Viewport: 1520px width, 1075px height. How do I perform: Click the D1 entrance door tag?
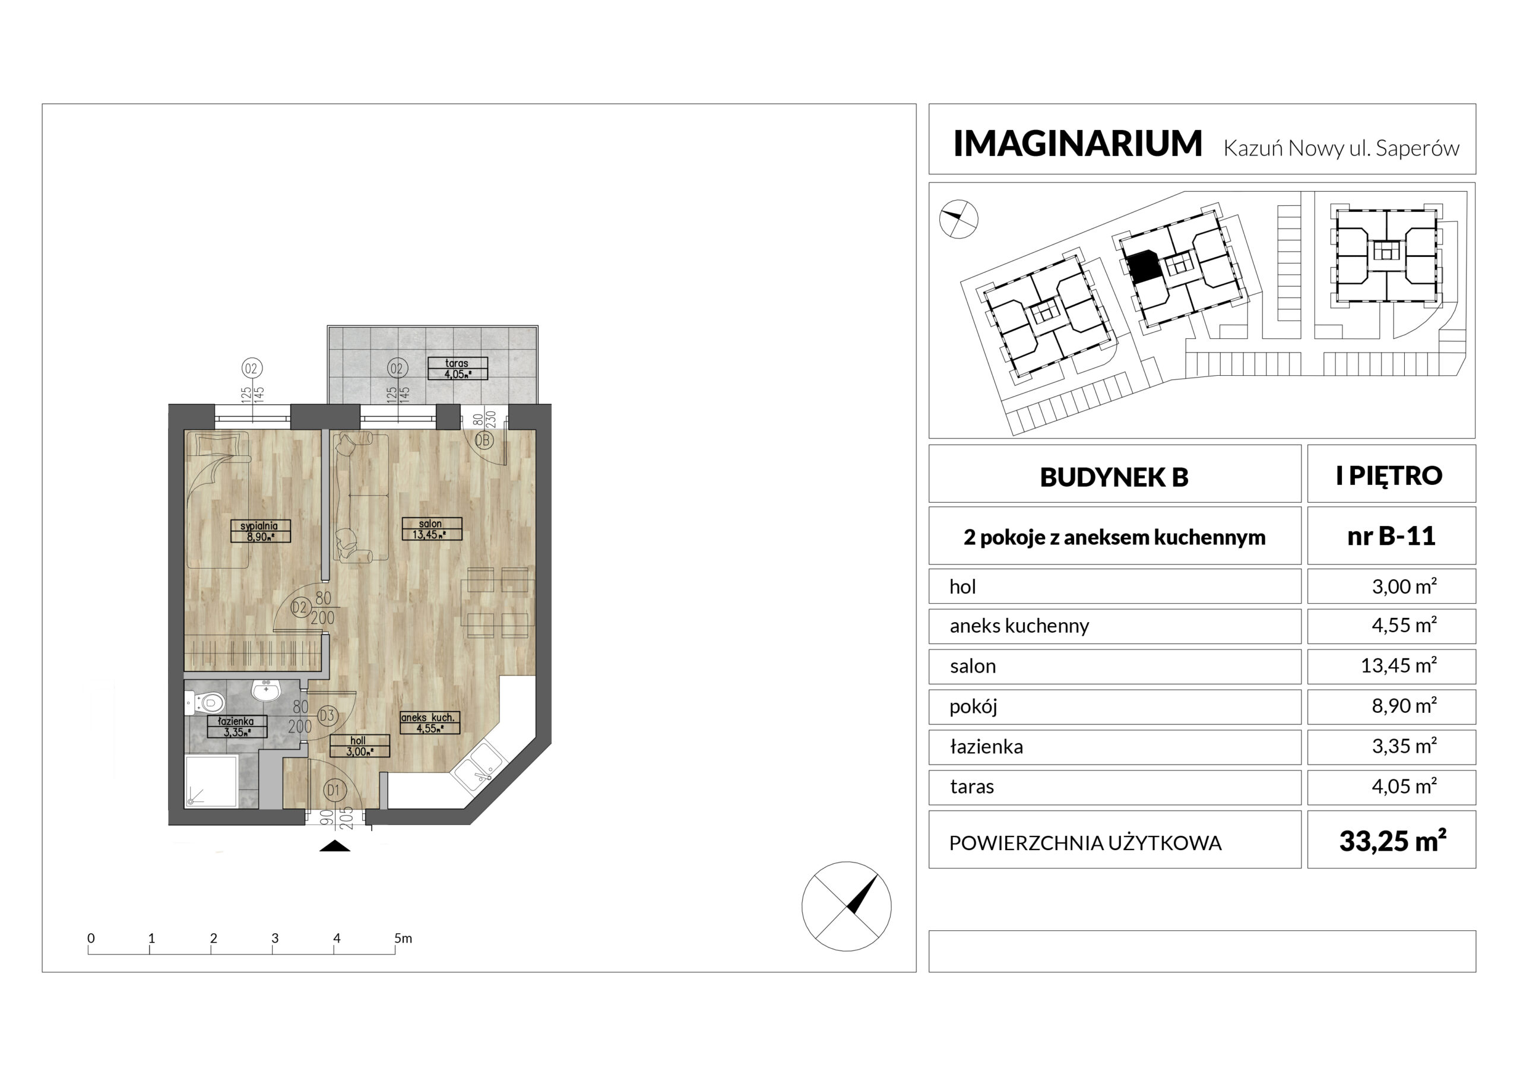click(334, 789)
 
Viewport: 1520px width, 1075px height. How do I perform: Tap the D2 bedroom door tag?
click(300, 608)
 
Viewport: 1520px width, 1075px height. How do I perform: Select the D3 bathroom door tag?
click(327, 715)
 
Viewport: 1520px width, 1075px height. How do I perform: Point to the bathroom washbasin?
click(267, 690)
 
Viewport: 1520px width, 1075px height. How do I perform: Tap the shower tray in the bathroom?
click(211, 781)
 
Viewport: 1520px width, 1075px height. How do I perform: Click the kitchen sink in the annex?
click(478, 766)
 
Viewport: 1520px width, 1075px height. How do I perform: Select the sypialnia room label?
click(259, 531)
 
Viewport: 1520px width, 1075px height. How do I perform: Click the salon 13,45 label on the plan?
click(432, 529)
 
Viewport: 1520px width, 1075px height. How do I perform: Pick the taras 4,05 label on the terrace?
click(457, 369)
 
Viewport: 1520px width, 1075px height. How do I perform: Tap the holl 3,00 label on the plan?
click(359, 746)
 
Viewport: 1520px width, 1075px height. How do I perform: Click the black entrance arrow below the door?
click(335, 846)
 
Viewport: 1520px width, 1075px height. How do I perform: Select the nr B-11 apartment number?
click(1392, 535)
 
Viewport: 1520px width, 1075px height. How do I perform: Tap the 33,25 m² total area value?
click(1393, 841)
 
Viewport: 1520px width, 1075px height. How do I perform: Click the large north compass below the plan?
click(846, 906)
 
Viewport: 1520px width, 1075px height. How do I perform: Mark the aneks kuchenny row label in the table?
click(1019, 626)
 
